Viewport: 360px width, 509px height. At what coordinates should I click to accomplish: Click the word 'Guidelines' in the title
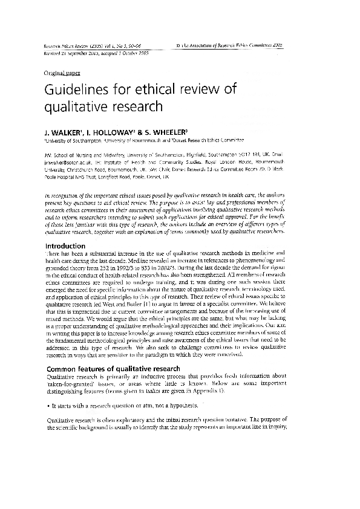coord(77,91)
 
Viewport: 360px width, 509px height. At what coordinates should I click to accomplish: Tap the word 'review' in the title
coord(204,91)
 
